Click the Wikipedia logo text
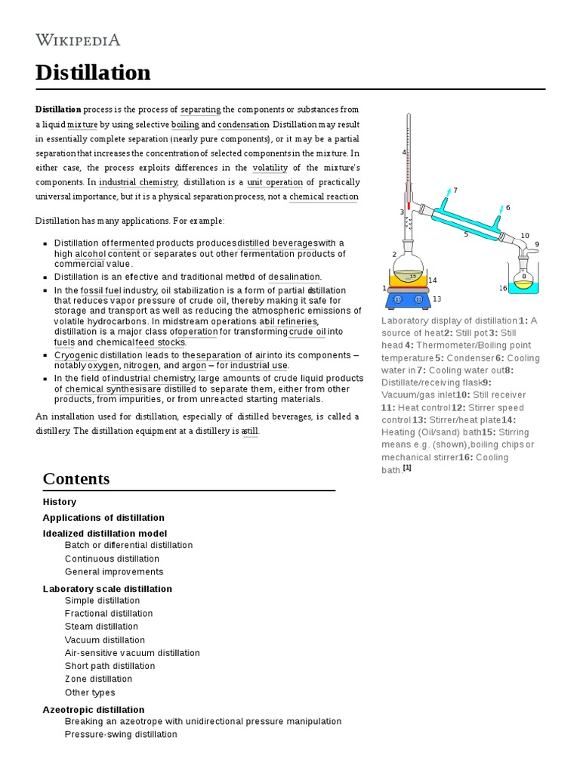[x=78, y=39]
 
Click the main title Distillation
[x=93, y=73]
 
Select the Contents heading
[x=76, y=478]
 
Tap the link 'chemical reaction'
[x=324, y=197]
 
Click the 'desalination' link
[x=295, y=277]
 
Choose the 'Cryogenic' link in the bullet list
[x=76, y=355]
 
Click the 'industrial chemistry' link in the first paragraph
[x=138, y=182]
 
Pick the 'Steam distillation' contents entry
[x=101, y=627]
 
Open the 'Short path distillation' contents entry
[x=110, y=666]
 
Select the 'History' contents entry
[x=60, y=502]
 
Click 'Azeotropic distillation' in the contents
[x=94, y=710]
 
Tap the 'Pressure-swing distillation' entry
[x=121, y=735]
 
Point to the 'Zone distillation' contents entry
[x=98, y=679]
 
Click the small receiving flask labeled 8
[x=523, y=277]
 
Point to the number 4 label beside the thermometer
[x=404, y=152]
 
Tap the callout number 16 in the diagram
[x=503, y=288]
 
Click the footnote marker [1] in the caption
[x=407, y=468]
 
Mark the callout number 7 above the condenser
[x=455, y=190]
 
